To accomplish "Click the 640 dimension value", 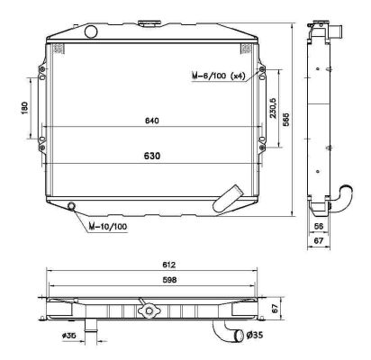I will point(150,121).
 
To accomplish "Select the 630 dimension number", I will point(152,155).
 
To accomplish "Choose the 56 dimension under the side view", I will point(320,229).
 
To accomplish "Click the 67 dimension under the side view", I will point(320,241).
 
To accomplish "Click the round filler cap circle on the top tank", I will point(90,32).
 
